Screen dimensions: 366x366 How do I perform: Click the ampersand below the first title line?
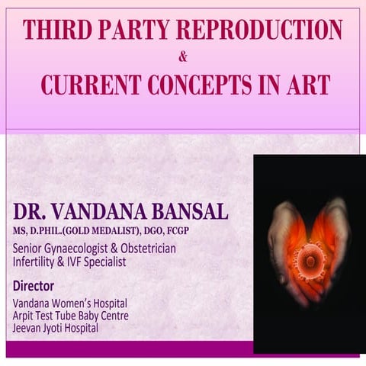point(182,56)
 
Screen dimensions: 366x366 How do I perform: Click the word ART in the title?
point(308,83)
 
